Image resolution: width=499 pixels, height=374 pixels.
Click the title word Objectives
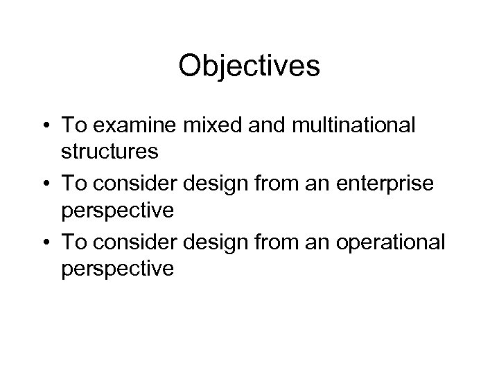coord(249,66)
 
